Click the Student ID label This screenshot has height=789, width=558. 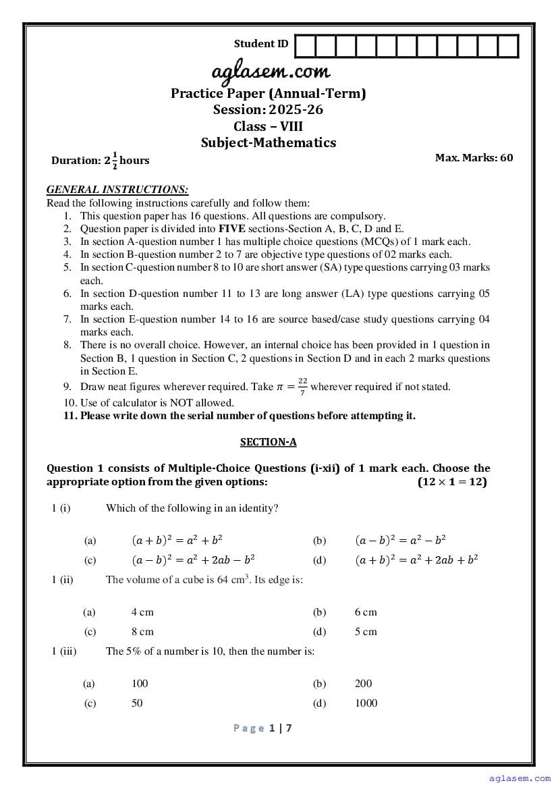coord(260,44)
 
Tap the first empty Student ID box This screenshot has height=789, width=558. coord(305,46)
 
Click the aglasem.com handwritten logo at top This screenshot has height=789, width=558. coord(271,72)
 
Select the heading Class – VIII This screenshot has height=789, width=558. coord(268,126)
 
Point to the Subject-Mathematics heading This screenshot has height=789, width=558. coord(268,142)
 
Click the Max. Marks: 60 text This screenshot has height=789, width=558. coord(474,158)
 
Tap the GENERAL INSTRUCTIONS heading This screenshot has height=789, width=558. coord(117,190)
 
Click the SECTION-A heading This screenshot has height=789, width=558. coord(268,442)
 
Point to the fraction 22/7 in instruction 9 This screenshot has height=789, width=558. coord(302,387)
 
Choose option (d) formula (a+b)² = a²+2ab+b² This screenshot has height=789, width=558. coord(416,560)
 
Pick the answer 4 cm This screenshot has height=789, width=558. coord(142,612)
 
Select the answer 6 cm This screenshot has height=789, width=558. coord(366,612)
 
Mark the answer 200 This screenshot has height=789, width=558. coord(363,683)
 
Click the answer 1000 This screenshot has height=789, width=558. coord(366,703)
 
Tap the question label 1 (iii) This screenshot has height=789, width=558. coord(64,651)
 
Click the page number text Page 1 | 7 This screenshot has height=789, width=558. coord(262,728)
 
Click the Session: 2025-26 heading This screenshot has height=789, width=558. coord(268,110)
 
